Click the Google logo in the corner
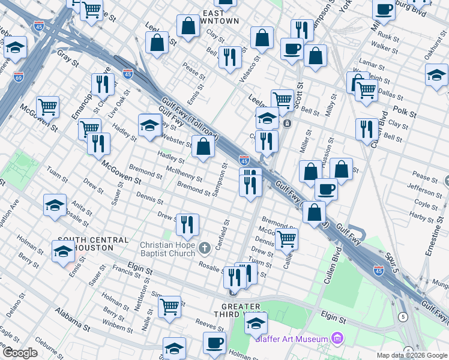coord(20,353)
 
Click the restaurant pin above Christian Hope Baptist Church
coord(187,224)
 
